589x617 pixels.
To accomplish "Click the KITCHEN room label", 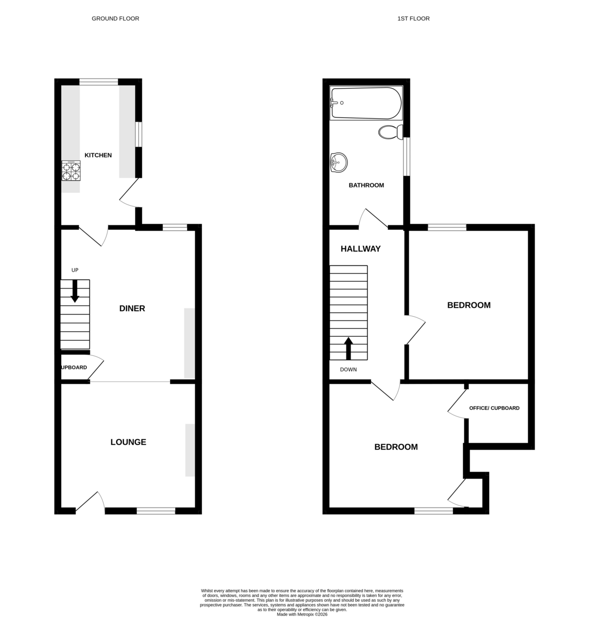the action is pyautogui.click(x=98, y=155).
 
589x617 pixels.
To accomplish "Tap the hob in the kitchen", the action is pyautogui.click(x=71, y=171).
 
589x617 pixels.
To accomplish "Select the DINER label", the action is pyautogui.click(x=132, y=308).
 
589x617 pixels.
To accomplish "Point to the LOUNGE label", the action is pyautogui.click(x=128, y=442).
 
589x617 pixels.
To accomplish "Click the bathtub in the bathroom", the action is pyautogui.click(x=366, y=103).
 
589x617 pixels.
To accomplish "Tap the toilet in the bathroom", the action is pyautogui.click(x=391, y=132).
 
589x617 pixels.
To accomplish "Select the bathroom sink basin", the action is pyautogui.click(x=339, y=162).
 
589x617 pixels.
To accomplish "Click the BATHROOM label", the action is pyautogui.click(x=366, y=185).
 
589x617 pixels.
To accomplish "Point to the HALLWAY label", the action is pyautogui.click(x=360, y=249).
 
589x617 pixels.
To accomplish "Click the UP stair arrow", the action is pyautogui.click(x=75, y=291).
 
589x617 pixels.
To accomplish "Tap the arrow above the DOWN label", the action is pyautogui.click(x=348, y=349).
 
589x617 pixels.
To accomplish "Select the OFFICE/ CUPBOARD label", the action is pyautogui.click(x=494, y=408).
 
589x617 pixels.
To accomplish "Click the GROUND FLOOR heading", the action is pyautogui.click(x=116, y=19).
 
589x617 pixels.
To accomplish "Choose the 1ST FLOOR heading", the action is pyautogui.click(x=413, y=19).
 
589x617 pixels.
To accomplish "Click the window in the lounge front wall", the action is pyautogui.click(x=156, y=511).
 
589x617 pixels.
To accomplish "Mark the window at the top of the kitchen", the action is pyautogui.click(x=99, y=82).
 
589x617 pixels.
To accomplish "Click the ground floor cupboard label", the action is pyautogui.click(x=73, y=367).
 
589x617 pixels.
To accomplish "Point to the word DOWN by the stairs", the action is pyautogui.click(x=348, y=369).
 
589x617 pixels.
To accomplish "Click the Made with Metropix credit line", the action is pyautogui.click(x=302, y=614).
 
